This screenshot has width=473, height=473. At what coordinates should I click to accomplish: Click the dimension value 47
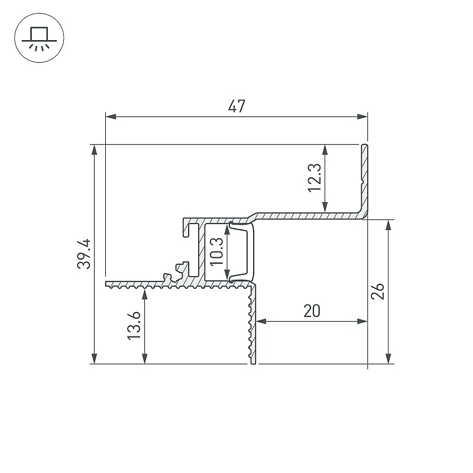[237, 106]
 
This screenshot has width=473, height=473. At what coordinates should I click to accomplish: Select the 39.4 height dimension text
[84, 254]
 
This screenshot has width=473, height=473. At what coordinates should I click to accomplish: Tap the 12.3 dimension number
[315, 178]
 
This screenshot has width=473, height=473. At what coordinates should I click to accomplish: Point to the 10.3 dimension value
[216, 252]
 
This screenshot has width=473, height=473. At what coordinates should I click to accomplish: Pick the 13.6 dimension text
[134, 326]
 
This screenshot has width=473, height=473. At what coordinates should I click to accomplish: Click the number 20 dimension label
[312, 311]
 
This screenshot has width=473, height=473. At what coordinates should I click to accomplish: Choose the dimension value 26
[378, 291]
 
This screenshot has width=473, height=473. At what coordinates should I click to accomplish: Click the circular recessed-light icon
[39, 38]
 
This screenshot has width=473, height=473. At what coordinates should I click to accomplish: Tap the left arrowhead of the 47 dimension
[111, 116]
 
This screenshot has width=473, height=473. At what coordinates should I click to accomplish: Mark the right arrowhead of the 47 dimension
[362, 116]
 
